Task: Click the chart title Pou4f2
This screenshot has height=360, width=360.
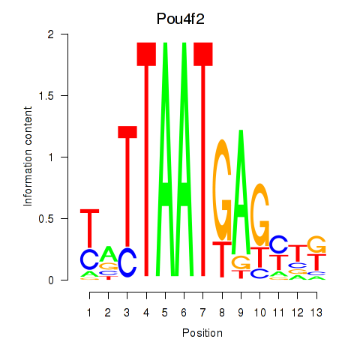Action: point(181,19)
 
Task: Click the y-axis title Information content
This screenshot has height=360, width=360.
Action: point(28,157)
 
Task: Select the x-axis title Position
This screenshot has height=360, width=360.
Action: point(202,333)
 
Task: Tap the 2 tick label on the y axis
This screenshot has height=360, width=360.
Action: point(51,34)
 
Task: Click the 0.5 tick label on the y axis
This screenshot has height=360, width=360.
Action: point(46,219)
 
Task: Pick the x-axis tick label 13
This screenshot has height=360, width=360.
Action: point(316,313)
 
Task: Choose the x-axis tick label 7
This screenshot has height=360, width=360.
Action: point(202,313)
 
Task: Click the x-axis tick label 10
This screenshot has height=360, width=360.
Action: point(260,313)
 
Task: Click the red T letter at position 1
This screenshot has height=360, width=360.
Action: point(89,228)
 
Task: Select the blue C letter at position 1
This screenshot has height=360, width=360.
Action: point(89,259)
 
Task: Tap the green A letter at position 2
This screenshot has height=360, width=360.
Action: point(109,253)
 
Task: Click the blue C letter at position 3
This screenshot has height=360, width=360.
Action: point(127,262)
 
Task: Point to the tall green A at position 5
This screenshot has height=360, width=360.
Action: point(165,159)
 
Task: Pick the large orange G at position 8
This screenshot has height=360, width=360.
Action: point(222,190)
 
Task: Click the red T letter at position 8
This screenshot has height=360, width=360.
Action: point(222,259)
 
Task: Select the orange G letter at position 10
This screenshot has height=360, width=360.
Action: point(260,214)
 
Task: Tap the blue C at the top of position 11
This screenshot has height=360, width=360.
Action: point(279,244)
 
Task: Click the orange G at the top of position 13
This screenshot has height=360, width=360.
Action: point(316,244)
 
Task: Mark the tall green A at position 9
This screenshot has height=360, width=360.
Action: point(241,192)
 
